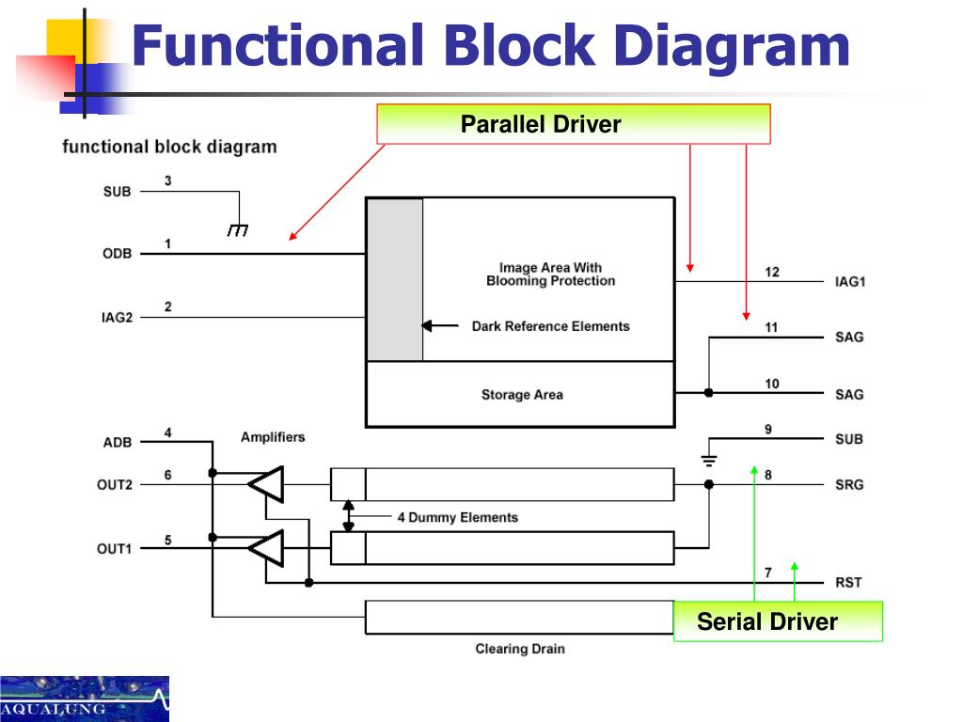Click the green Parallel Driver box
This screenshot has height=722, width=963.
[573, 124]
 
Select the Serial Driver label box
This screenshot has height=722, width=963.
[778, 621]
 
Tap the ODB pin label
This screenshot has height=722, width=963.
[117, 254]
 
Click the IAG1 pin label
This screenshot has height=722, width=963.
[850, 282]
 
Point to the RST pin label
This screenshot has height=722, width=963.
[848, 582]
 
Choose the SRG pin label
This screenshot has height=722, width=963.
[849, 484]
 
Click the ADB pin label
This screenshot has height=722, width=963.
[117, 442]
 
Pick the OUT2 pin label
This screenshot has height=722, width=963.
[114, 484]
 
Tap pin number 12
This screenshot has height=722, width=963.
[772, 272]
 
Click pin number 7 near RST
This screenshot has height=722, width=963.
[767, 573]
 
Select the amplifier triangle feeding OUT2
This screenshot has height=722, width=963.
[266, 484]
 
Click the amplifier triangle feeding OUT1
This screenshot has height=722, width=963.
[266, 548]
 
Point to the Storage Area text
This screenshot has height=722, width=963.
[522, 395]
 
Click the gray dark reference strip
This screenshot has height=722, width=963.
[394, 279]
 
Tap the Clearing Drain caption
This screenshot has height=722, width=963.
[519, 649]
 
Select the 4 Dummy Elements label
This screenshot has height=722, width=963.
[458, 518]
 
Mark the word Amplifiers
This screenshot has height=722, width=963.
[273, 437]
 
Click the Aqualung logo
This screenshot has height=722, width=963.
[84, 698]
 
